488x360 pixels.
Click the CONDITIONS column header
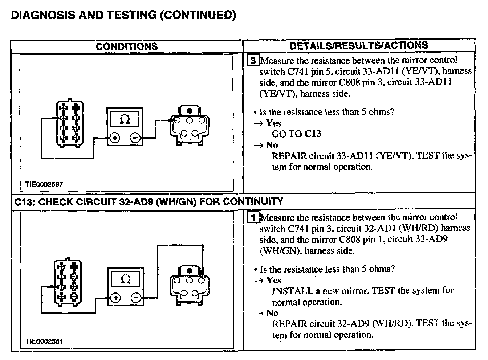click(127, 46)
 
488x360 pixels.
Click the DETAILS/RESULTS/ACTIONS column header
click(359, 45)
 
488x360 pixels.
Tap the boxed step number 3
click(253, 61)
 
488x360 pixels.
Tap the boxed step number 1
click(253, 218)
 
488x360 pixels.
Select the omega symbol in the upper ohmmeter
click(125, 119)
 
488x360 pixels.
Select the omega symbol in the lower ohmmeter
click(126, 279)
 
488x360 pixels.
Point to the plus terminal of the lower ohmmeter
click(115, 298)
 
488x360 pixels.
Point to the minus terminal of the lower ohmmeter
click(136, 298)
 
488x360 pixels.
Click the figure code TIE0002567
click(44, 184)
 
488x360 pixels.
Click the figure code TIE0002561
click(44, 341)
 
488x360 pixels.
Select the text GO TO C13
click(296, 134)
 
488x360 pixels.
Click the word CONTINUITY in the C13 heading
click(252, 201)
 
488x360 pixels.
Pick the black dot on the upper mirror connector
click(189, 110)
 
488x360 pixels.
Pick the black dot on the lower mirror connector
click(189, 271)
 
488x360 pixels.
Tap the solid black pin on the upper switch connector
click(76, 108)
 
